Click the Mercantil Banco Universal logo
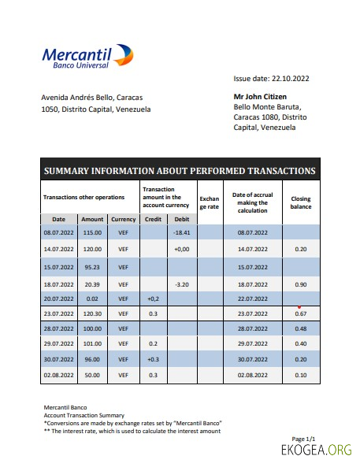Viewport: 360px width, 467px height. tap(87, 57)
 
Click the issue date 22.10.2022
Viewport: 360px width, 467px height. tap(271, 79)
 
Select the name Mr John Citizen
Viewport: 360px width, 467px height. tap(263, 98)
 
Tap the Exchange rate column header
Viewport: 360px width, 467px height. tap(210, 203)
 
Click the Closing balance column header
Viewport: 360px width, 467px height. tap(301, 203)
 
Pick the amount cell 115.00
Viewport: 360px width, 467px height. tap(92, 233)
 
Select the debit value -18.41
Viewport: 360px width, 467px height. tap(181, 233)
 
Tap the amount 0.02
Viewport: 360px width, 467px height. tap(92, 299)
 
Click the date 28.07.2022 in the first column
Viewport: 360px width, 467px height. tap(58, 328)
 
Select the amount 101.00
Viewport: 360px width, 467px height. tap(92, 344)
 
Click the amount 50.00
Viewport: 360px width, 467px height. tap(92, 375)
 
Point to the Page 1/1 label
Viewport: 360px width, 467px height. tap(303, 439)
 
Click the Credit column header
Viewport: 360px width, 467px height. tap(154, 219)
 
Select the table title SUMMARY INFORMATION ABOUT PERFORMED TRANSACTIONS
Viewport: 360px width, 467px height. tap(180, 171)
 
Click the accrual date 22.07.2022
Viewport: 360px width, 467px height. tap(253, 299)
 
